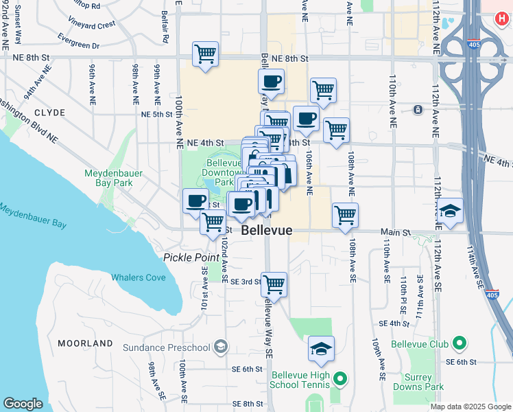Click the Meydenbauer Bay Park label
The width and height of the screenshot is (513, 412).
pyautogui.click(x=113, y=179)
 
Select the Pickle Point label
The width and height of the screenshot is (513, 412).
pyautogui.click(x=190, y=257)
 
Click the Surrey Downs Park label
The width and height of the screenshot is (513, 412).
pyautogui.click(x=418, y=382)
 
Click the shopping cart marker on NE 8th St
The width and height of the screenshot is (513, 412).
pyautogui.click(x=206, y=53)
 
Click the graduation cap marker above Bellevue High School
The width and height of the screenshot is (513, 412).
pyautogui.click(x=321, y=350)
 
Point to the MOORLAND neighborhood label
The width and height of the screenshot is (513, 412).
pyautogui.click(x=85, y=343)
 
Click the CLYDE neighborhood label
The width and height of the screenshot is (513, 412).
pyautogui.click(x=49, y=112)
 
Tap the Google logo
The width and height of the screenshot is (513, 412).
pyautogui.click(x=23, y=404)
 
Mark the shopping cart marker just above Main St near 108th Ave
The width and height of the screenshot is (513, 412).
pyautogui.click(x=345, y=215)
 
